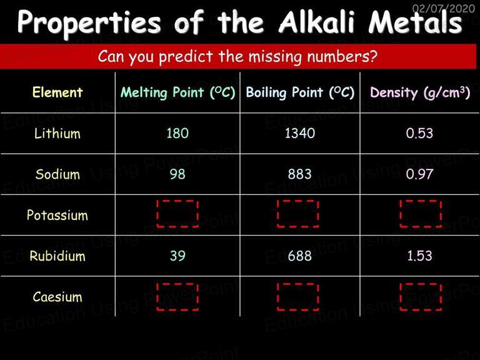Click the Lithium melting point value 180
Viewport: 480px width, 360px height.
point(177,133)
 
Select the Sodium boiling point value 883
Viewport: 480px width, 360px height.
point(300,174)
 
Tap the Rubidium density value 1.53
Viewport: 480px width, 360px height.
point(419,256)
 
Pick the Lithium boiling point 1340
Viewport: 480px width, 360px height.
point(300,133)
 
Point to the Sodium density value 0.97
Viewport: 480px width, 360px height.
point(419,174)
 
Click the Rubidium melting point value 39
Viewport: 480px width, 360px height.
point(177,256)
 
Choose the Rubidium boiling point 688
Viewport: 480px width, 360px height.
point(300,256)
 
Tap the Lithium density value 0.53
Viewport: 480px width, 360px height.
point(419,133)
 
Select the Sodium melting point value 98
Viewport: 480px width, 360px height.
point(177,174)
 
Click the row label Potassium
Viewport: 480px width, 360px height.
point(57,215)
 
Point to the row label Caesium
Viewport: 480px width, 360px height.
point(57,297)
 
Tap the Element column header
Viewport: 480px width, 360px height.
point(57,92)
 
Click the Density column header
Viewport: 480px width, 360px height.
point(420,92)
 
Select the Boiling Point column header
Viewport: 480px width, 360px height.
point(300,92)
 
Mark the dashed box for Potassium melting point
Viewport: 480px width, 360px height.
point(177,201)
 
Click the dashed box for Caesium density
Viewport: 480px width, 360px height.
point(421,284)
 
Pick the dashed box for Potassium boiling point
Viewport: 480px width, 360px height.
point(298,201)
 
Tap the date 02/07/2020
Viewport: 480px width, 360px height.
point(444,8)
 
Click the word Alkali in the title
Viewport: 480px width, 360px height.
point(316,22)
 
